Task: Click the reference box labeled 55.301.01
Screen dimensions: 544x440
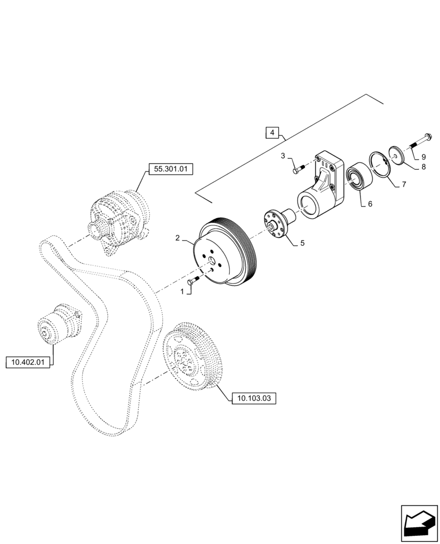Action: pyautogui.click(x=170, y=169)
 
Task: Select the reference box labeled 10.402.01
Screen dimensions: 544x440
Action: pyautogui.click(x=28, y=361)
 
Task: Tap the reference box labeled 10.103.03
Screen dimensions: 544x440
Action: pyautogui.click(x=254, y=399)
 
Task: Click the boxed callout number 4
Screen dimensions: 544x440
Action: pyautogui.click(x=273, y=132)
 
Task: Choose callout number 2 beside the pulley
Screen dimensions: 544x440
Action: pyautogui.click(x=178, y=238)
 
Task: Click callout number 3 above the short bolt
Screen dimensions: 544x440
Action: pyautogui.click(x=283, y=157)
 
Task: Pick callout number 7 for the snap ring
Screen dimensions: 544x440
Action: pyautogui.click(x=404, y=184)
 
